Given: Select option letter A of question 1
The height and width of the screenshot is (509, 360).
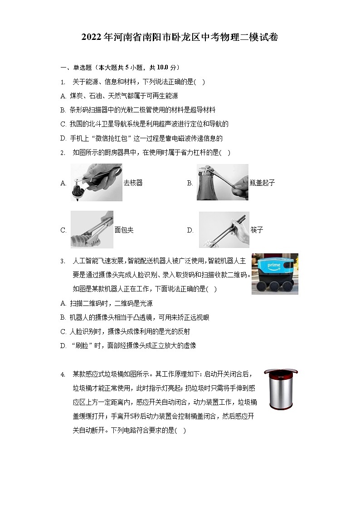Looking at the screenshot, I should click(x=63, y=96).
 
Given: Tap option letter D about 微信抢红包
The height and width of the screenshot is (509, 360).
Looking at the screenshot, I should click(x=63, y=138).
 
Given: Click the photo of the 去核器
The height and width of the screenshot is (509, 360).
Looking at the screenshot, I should click(x=96, y=182).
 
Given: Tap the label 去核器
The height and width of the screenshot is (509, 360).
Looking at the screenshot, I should click(x=133, y=183).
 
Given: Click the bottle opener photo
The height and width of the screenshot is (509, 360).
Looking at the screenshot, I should click(x=222, y=182).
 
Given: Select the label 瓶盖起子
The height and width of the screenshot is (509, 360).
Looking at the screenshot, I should click(x=262, y=183).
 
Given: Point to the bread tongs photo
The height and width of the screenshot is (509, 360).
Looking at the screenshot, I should click(x=92, y=229).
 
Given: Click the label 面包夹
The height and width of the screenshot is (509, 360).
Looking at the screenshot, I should click(x=124, y=230).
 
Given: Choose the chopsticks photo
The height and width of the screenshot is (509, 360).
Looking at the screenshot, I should click(x=224, y=229).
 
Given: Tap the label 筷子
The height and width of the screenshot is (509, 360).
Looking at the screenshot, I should click(x=257, y=230).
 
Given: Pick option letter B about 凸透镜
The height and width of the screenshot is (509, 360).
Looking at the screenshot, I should click(x=63, y=318).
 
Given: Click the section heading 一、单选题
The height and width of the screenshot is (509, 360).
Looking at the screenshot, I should click(x=76, y=68).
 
